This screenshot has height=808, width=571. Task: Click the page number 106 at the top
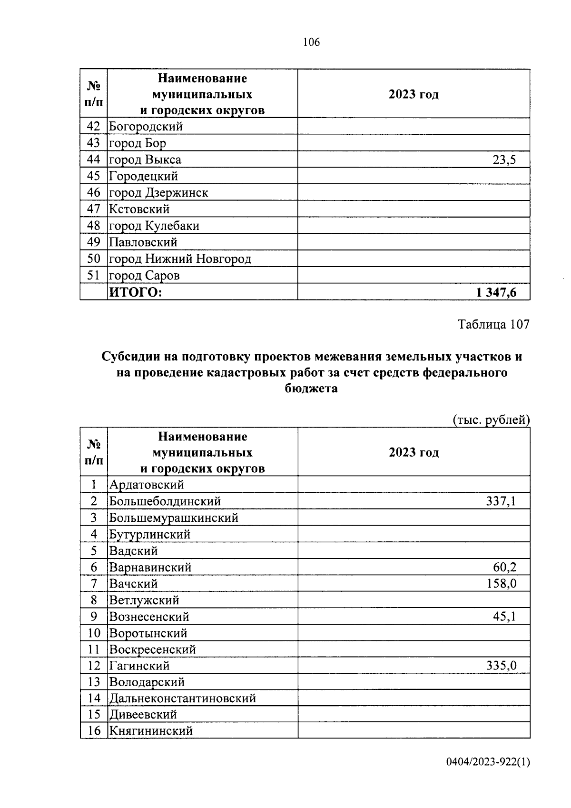(311, 42)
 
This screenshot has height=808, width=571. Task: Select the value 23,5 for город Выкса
(504, 160)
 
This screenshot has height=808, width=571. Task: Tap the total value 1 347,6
(496, 292)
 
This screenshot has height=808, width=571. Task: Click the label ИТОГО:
(136, 292)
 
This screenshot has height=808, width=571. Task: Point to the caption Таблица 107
(493, 324)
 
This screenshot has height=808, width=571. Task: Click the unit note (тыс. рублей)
(491, 420)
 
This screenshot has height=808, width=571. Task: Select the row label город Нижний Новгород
(180, 259)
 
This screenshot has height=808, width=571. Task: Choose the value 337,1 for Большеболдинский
(501, 501)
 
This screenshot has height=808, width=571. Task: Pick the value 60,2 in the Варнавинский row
(504, 567)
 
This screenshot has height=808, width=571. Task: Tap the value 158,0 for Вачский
(501, 583)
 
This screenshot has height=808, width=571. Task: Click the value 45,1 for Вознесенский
(504, 617)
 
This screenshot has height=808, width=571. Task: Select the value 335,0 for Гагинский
(501, 666)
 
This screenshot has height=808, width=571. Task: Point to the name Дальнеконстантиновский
(183, 698)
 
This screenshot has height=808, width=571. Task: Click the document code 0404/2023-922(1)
(488, 762)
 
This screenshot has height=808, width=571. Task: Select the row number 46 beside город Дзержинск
(94, 193)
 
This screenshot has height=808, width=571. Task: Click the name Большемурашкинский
(174, 518)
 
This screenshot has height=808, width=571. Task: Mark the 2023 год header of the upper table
(413, 94)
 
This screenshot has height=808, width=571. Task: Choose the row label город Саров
(144, 276)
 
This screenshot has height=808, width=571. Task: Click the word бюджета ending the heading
(311, 388)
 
